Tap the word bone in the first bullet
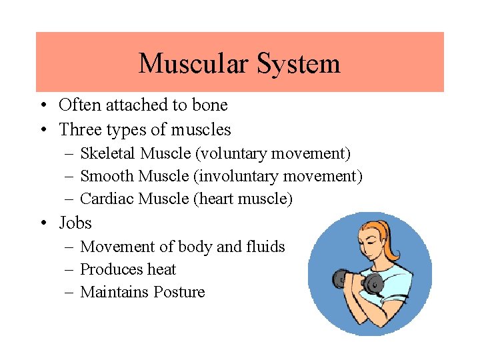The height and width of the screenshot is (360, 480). point(211,105)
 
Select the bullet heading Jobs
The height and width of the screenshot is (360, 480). point(75,223)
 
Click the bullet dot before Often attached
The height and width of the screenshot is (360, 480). point(41,105)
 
